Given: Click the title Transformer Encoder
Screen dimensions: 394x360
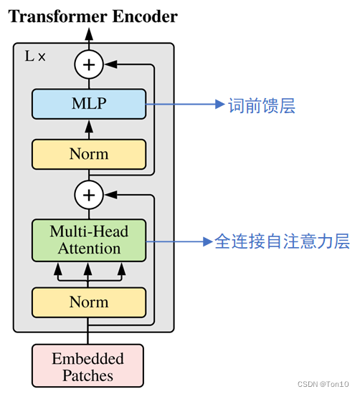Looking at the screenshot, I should click(x=93, y=16).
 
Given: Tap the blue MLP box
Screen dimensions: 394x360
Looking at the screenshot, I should click(x=89, y=103).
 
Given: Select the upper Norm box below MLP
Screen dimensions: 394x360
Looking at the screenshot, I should click(x=89, y=153).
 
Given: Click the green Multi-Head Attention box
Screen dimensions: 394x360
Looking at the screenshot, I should click(x=89, y=240).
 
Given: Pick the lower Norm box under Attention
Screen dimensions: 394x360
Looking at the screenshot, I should click(x=89, y=302).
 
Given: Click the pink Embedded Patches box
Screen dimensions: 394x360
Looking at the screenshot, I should click(x=87, y=367).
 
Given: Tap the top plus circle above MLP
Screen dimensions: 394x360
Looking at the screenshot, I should click(x=89, y=65).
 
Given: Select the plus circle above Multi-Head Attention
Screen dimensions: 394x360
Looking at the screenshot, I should click(x=89, y=193).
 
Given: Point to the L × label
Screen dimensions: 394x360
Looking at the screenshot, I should click(x=35, y=56).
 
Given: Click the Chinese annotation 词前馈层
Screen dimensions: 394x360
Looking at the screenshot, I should click(x=262, y=106).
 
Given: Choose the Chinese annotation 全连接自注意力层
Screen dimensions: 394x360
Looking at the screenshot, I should click(x=282, y=241).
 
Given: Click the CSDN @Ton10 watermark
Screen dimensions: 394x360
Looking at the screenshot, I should click(x=323, y=385).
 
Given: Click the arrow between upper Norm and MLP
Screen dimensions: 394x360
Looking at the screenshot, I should click(x=89, y=128).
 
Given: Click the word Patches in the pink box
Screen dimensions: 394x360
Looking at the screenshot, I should click(x=87, y=375).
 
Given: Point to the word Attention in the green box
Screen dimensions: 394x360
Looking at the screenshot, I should click(x=89, y=249).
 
